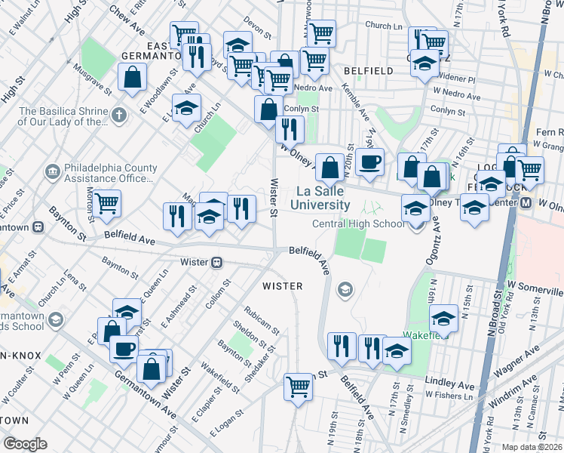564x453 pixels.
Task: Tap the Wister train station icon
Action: point(217,262)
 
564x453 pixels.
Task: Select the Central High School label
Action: point(359,223)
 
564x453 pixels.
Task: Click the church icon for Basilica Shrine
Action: point(118,116)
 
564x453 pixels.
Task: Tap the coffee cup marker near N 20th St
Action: point(369,162)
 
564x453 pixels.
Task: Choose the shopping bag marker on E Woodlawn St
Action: point(133,77)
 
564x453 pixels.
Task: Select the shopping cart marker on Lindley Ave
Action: point(299,387)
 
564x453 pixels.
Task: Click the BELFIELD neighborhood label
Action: point(368,70)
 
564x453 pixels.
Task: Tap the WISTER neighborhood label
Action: point(282,286)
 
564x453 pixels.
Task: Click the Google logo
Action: point(25,444)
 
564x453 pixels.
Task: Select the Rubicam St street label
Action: point(262,320)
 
